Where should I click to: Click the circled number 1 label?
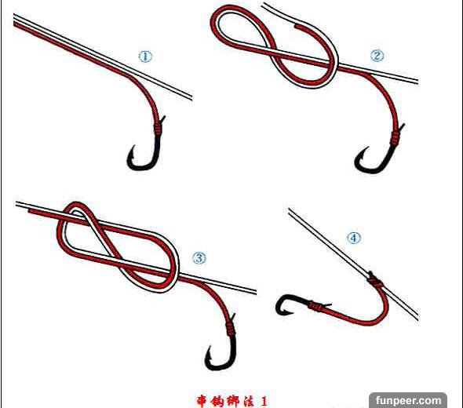(145, 56)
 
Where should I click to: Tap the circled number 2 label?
(377, 56)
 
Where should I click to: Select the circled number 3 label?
(199, 258)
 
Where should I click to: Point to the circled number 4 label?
(354, 238)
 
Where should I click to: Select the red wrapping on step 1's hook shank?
(158, 129)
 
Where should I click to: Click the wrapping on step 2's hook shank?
(395, 137)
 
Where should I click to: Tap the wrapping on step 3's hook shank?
(231, 329)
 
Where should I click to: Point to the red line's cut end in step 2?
(296, 27)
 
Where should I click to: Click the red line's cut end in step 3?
(31, 211)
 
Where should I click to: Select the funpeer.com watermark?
(408, 400)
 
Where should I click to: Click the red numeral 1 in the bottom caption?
(264, 401)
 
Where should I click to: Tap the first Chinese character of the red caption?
(203, 401)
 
